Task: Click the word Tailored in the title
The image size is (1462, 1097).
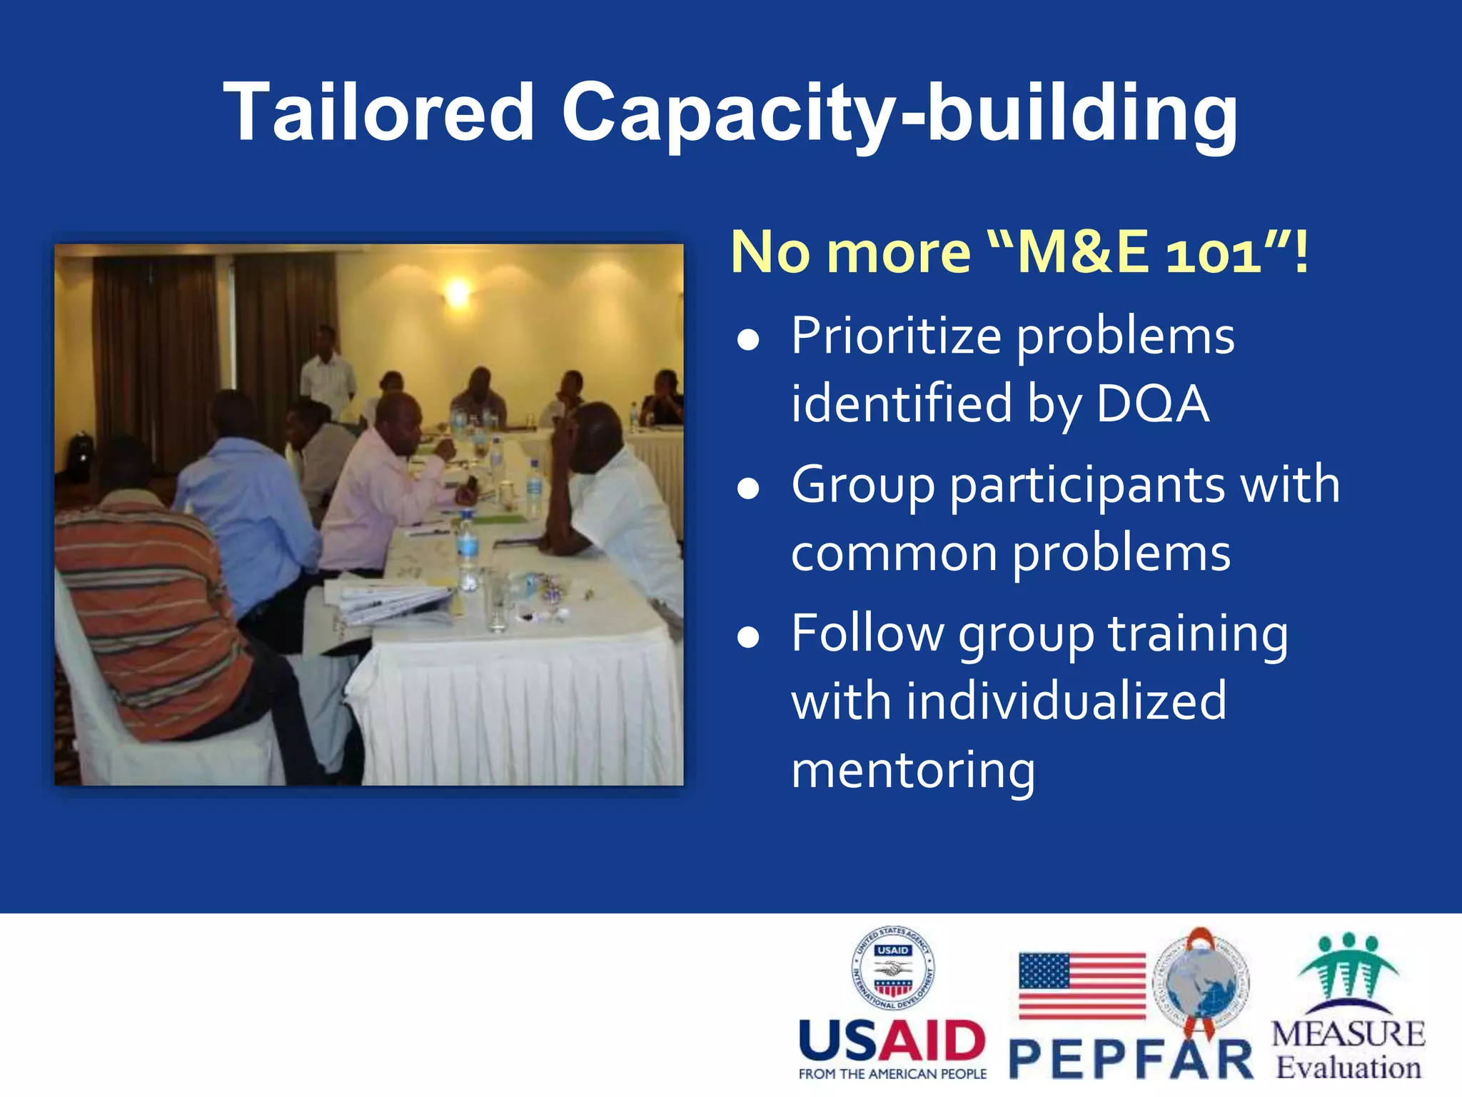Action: click(x=378, y=112)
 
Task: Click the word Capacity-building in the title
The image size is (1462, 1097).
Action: click(x=899, y=114)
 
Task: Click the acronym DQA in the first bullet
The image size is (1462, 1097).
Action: click(x=1152, y=404)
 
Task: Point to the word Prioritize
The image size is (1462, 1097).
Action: click(x=896, y=336)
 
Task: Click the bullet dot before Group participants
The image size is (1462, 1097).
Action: click(x=747, y=489)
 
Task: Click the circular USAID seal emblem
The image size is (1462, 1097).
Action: click(x=892, y=968)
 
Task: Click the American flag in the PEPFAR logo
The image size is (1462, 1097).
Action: click(x=1082, y=985)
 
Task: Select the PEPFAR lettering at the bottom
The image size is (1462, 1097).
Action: click(x=1131, y=1061)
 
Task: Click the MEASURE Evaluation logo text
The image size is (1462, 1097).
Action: click(x=1348, y=1050)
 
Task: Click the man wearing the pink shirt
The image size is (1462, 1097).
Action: click(x=378, y=486)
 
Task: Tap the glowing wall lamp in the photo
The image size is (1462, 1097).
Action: click(x=458, y=291)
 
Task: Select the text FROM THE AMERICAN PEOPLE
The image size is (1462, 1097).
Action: click(x=892, y=1074)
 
